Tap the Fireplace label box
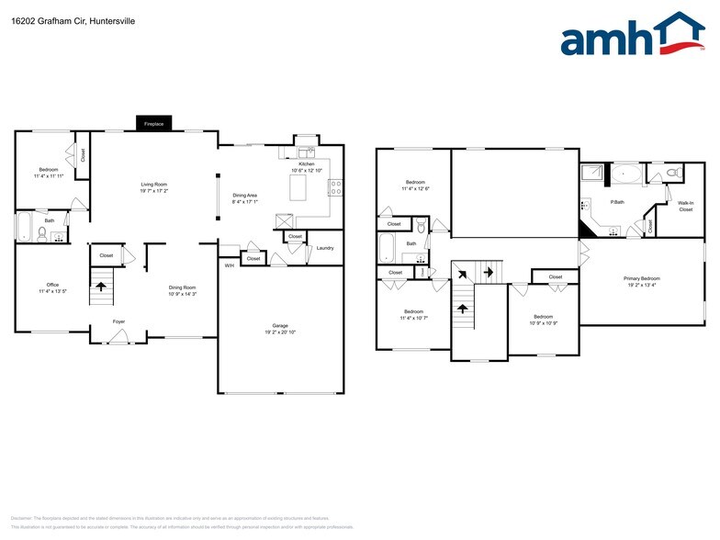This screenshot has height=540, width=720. pyautogui.click(x=153, y=123)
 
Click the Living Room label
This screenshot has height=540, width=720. pyautogui.click(x=152, y=185)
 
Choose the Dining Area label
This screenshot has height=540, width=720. pyautogui.click(x=244, y=195)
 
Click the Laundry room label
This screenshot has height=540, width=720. pyautogui.click(x=324, y=248)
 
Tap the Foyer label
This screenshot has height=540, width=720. pyautogui.click(x=119, y=321)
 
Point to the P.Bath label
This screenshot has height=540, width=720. pyautogui.click(x=617, y=202)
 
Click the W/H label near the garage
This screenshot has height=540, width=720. pyautogui.click(x=229, y=265)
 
